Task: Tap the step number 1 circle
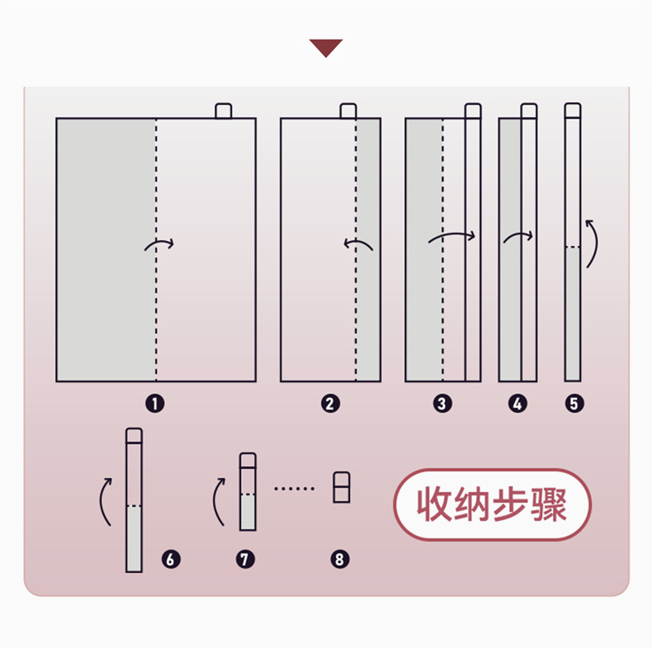pos(155,404)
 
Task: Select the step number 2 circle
pos(330,404)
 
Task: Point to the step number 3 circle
pos(442,404)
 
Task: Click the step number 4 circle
pos(517,404)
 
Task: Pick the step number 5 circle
pos(574,404)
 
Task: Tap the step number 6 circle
pos(171,560)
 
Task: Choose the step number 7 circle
pos(245,560)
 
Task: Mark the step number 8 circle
pos(340,560)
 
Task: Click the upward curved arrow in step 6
pos(101,501)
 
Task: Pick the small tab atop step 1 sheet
pos(224,111)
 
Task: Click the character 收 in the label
pos(433,504)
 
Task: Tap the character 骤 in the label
pos(549,504)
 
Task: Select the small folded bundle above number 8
pos(342,487)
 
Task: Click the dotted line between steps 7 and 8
pos(294,489)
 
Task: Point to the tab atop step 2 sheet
pos(348,111)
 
